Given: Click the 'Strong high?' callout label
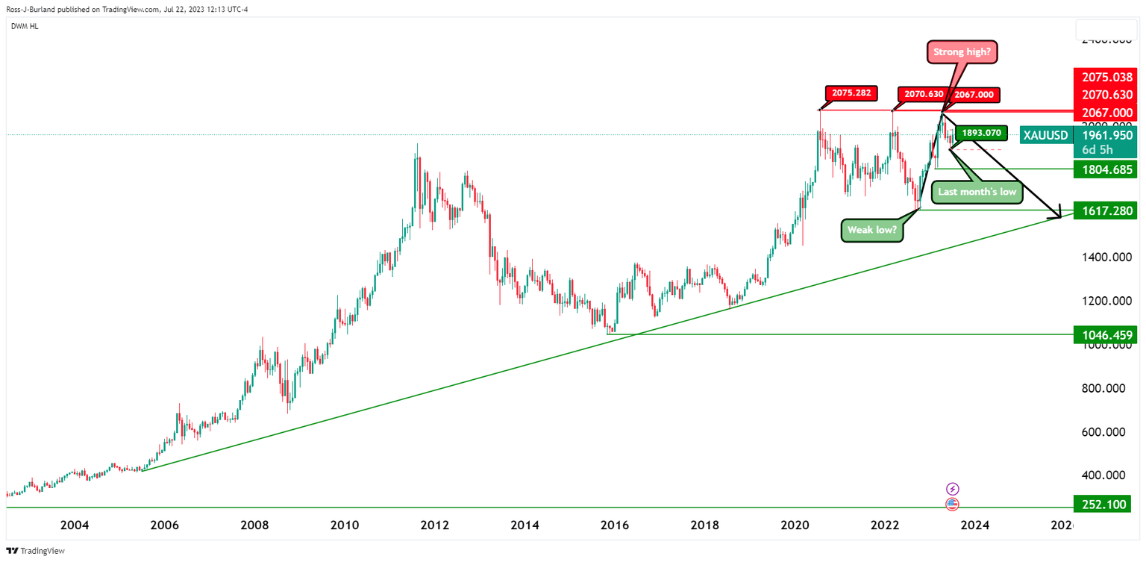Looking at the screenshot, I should click(962, 52).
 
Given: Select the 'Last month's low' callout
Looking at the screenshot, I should click(977, 192).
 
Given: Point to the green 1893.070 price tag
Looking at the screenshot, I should click(980, 133).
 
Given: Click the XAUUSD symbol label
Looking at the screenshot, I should click(1045, 134).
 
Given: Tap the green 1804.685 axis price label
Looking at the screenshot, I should click(1104, 170).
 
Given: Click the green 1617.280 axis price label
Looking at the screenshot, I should click(1104, 210).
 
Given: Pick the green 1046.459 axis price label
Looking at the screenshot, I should click(1104, 335).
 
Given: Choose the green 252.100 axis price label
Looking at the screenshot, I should click(1104, 505).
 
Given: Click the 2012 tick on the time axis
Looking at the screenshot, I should click(435, 525).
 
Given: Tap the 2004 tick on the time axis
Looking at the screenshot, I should click(75, 525).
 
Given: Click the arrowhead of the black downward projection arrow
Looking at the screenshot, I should click(1057, 215).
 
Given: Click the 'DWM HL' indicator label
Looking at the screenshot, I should click(25, 27).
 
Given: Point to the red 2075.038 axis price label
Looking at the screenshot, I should click(1104, 76).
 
